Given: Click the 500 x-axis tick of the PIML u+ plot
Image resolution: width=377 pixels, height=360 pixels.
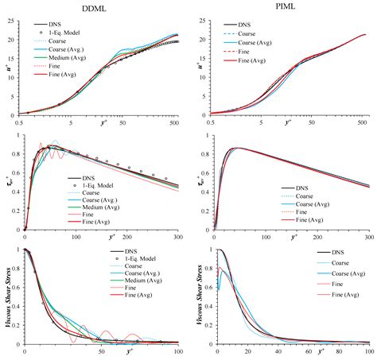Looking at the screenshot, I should [x=361, y=123].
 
